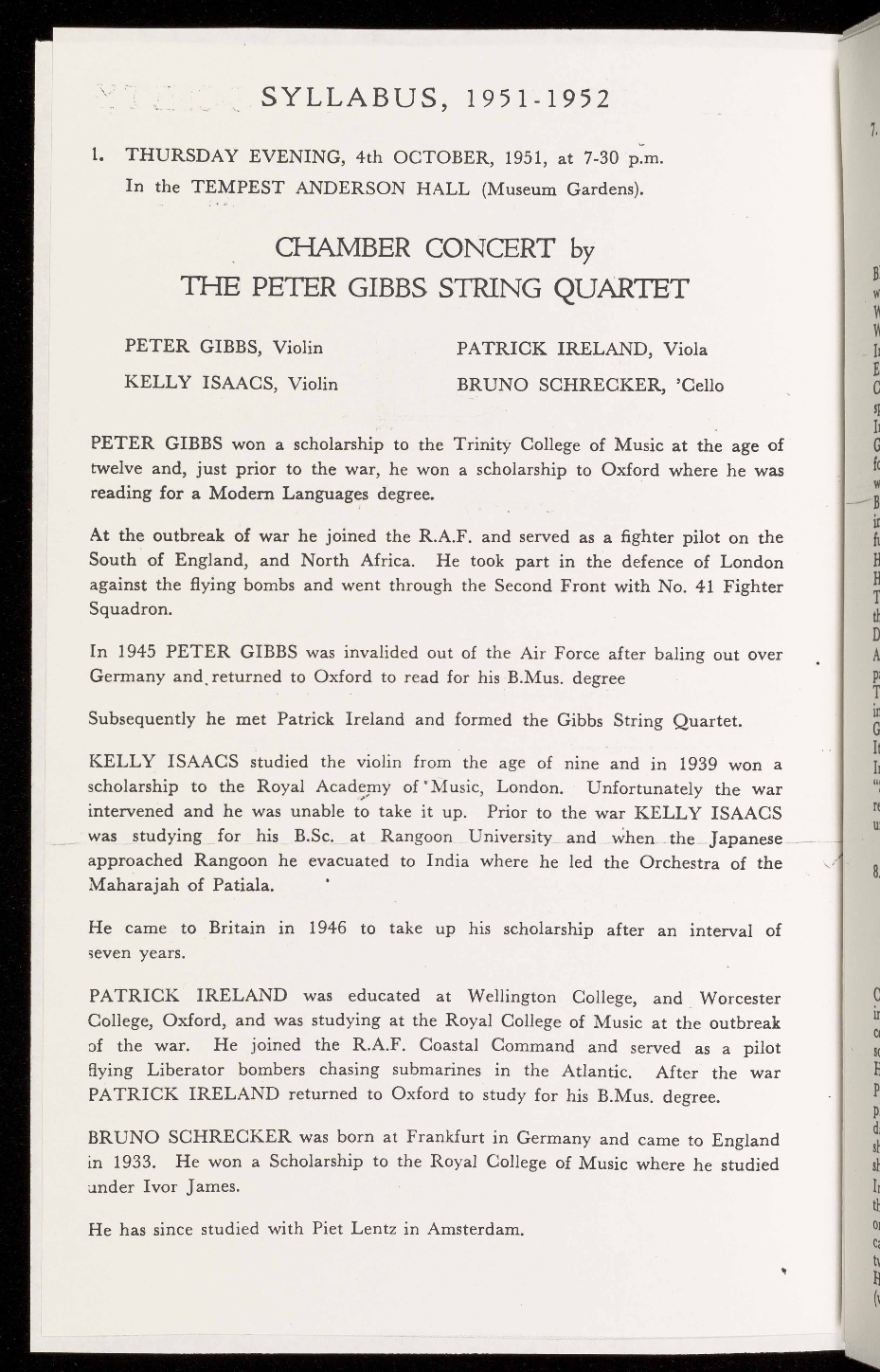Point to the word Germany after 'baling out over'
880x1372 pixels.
click(123, 678)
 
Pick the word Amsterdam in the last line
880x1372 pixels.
click(475, 1231)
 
